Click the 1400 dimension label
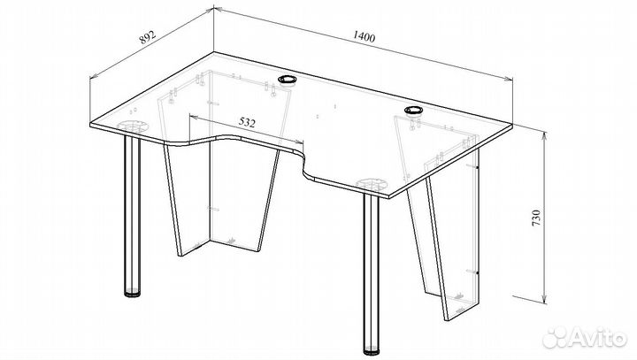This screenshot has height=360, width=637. pyautogui.click(x=364, y=36)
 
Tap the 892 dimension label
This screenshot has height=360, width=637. pyautogui.click(x=148, y=37)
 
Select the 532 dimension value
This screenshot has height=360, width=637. pyautogui.click(x=247, y=122)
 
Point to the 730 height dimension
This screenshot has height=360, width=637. pyautogui.click(x=536, y=218)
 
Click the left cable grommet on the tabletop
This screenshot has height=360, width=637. pyautogui.click(x=288, y=80)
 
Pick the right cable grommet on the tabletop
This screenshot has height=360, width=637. pyautogui.click(x=413, y=110)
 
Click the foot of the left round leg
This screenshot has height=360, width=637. pyautogui.click(x=132, y=292)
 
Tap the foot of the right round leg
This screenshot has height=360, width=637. pyautogui.click(x=372, y=350)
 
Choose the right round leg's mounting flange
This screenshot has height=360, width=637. pyautogui.click(x=372, y=184)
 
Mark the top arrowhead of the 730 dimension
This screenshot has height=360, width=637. pyautogui.click(x=545, y=135)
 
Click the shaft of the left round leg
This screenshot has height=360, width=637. pyautogui.click(x=132, y=211)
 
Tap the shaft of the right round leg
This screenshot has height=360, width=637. pyautogui.click(x=372, y=270)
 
